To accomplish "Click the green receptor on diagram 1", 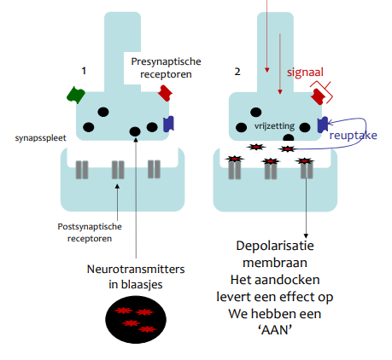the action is [x=76, y=95].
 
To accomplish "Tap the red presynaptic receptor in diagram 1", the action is [x=165, y=93].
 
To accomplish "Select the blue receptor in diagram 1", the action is [x=168, y=124].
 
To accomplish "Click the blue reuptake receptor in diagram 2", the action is [x=323, y=125].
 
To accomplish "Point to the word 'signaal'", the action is [x=305, y=72].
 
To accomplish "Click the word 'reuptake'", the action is [x=353, y=135].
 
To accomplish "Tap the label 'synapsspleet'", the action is [x=40, y=138].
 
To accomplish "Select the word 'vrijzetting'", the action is [x=274, y=126].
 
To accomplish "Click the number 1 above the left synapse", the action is [x=84, y=71].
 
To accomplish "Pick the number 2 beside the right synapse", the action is [x=237, y=72].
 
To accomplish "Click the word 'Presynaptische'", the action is [x=166, y=61].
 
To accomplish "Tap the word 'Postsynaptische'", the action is [x=90, y=227].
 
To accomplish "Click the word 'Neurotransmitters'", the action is [x=136, y=269].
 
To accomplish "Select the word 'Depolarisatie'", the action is [x=275, y=246].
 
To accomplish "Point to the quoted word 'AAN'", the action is [x=275, y=330].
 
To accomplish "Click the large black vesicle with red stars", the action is [x=136, y=319].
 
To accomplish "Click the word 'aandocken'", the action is [x=287, y=280].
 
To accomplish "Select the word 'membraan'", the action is [x=275, y=263].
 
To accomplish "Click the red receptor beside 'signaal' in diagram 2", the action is [x=319, y=96].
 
